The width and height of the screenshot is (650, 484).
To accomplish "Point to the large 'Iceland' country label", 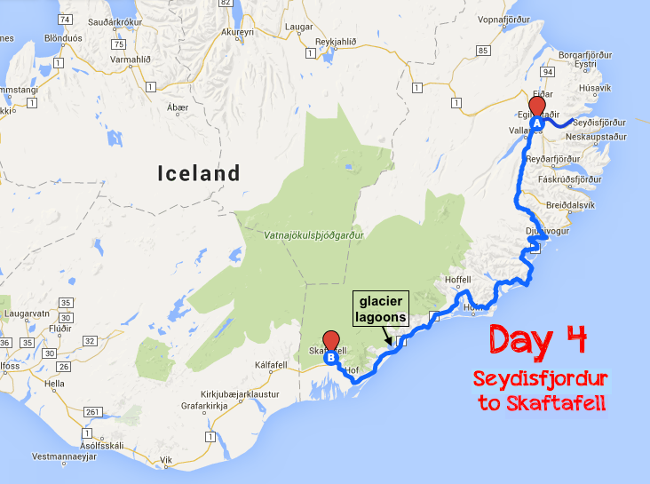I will (x=198, y=173).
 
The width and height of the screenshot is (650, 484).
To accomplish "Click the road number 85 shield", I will (x=482, y=50).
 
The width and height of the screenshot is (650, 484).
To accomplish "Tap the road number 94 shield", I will (x=547, y=71).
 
